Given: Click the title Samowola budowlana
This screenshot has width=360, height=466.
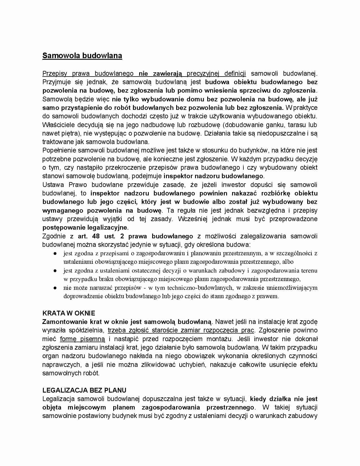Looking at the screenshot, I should click(82, 56).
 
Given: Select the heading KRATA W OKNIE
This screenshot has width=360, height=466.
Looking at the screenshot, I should click(69, 313).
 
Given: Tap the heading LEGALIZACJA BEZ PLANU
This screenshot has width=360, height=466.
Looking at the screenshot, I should click(84, 390).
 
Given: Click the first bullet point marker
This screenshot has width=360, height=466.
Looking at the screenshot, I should click(56, 254).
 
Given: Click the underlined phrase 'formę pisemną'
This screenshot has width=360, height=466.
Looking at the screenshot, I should click(82, 339).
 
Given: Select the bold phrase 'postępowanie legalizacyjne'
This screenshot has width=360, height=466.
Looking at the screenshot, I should click(85, 228).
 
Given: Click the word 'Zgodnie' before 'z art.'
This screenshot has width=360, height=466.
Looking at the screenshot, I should click(54, 236).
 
